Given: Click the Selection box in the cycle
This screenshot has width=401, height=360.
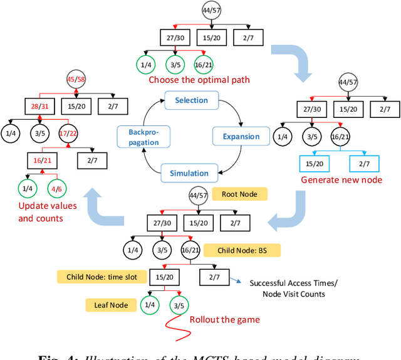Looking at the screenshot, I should tap(191, 100).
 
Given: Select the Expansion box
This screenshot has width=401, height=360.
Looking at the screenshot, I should tap(241, 136).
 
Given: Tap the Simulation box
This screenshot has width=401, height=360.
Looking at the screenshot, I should tap(189, 173).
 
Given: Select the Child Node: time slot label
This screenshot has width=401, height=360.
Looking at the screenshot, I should tap(100, 276).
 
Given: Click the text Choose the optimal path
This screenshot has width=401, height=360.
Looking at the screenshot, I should tap(199, 80).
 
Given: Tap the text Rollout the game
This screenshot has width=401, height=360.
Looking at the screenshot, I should tap(224, 319).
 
